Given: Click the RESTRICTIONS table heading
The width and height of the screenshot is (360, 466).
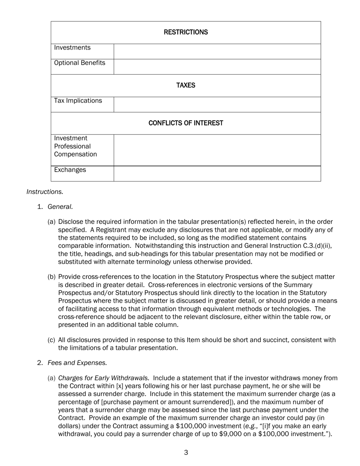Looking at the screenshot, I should tap(186, 32).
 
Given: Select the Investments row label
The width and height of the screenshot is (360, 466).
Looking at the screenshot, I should tap(72, 48).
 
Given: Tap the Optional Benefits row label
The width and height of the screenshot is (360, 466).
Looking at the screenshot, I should tap(80, 63).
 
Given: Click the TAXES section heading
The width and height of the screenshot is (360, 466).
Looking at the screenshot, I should tap(186, 85).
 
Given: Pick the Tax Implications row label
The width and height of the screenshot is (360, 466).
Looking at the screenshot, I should tap(78, 101).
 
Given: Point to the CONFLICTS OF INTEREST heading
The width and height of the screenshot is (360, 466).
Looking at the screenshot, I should tap(186, 123).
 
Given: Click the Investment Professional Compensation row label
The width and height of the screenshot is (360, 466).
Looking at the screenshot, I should tap(75, 146).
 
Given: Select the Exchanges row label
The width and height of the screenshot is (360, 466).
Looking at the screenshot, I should tap(70, 170).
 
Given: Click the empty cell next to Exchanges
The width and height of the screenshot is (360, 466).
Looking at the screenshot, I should tap(217, 174).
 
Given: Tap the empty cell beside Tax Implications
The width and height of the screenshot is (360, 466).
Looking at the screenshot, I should tap(217, 105).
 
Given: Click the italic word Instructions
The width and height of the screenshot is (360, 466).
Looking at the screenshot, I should tap(45, 192).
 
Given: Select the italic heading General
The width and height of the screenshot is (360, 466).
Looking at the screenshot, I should tap(60, 207).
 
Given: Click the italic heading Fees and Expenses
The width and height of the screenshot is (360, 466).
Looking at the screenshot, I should tap(77, 363).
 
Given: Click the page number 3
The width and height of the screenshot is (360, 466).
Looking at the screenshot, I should tap(186, 452).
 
